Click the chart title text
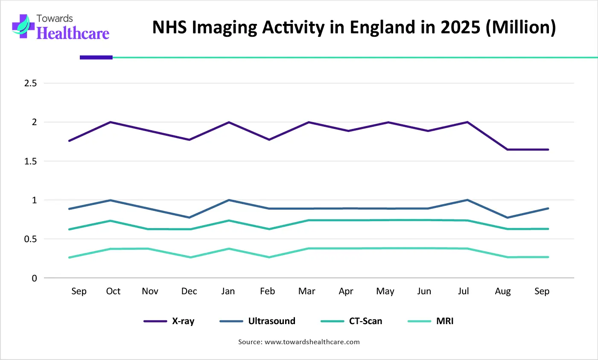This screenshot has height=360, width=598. (x=354, y=27)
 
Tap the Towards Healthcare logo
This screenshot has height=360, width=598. (x=61, y=27)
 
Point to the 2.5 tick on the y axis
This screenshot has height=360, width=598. (x=30, y=83)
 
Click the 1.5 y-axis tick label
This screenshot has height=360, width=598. (x=30, y=161)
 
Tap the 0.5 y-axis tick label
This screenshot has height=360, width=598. (x=30, y=239)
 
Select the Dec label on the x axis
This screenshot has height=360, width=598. (x=189, y=291)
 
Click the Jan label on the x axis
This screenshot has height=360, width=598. (x=228, y=291)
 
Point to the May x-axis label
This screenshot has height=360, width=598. (x=385, y=291)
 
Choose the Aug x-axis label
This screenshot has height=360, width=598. (x=503, y=291)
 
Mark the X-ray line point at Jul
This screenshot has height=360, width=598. (x=468, y=122)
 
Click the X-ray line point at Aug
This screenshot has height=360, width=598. (x=508, y=149)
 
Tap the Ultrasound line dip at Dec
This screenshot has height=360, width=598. (x=190, y=217)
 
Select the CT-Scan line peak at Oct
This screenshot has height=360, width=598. (x=111, y=221)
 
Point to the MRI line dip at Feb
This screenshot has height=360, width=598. (x=269, y=257)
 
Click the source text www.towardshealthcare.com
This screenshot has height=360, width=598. (x=312, y=342)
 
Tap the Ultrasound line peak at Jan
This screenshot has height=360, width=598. (x=229, y=200)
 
